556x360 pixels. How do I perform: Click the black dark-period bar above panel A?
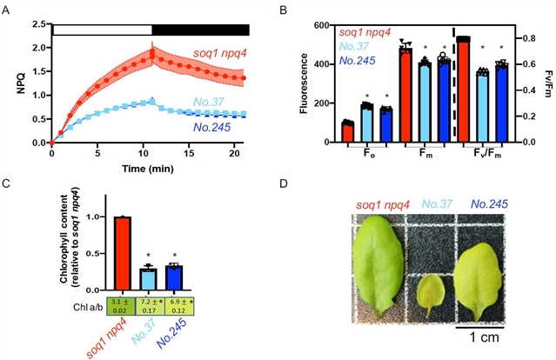coord(200,30)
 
